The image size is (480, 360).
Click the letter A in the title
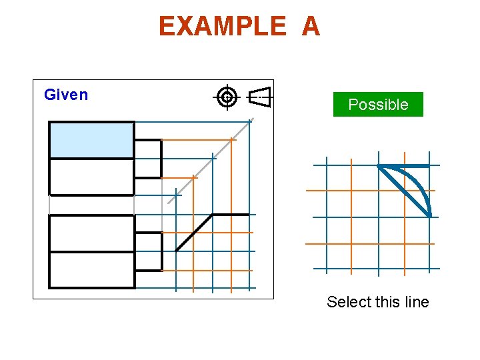[x=311, y=27]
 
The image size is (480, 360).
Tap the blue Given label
[x=66, y=95]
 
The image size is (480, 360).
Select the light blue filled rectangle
[x=92, y=140]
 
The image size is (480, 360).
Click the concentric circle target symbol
[x=227, y=97]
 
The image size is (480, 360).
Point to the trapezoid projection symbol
[x=261, y=97]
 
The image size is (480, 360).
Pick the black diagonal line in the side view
[x=194, y=232]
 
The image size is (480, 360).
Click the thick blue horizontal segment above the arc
[x=404, y=165]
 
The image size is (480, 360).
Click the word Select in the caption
[x=349, y=302]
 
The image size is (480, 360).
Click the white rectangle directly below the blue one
[x=92, y=177]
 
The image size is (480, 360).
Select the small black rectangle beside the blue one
[x=148, y=159]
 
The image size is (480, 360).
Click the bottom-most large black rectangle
[x=92, y=270]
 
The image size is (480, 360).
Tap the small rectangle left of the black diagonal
[x=148, y=251]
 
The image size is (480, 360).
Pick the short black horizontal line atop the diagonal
[x=231, y=215]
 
